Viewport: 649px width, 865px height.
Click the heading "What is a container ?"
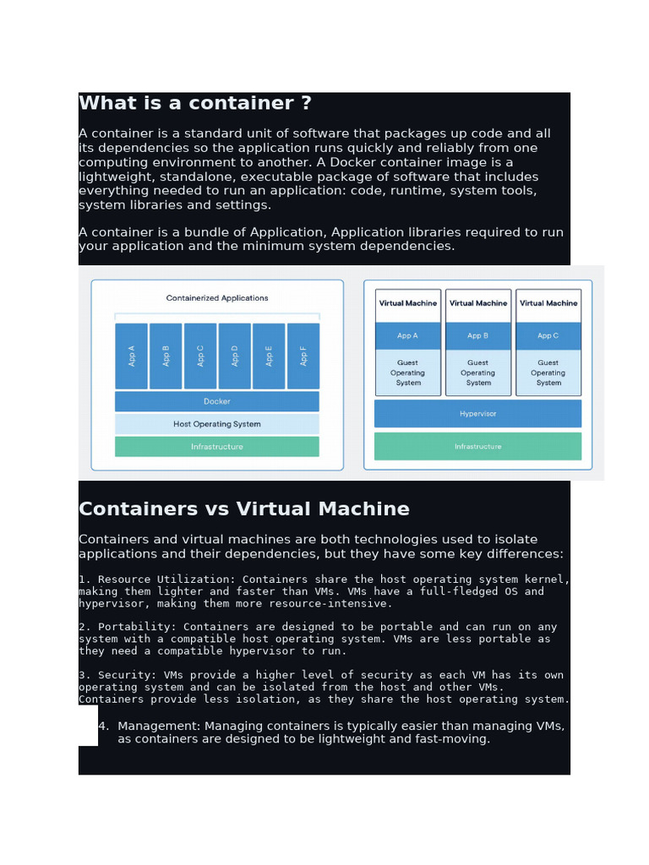pyautogui.click(x=194, y=103)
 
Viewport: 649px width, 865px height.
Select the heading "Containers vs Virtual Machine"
pyautogui.click(x=243, y=509)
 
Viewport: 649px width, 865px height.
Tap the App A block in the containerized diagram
pyautogui.click(x=131, y=356)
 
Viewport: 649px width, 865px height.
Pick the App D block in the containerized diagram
pyautogui.click(x=234, y=356)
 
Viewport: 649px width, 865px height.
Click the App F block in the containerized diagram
pyautogui.click(x=303, y=356)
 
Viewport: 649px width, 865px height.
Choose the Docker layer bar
pyautogui.click(x=216, y=401)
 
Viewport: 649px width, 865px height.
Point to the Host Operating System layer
pyautogui.click(x=216, y=424)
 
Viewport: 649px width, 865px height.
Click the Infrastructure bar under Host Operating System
pyautogui.click(x=216, y=447)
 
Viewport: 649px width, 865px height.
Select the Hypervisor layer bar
pyautogui.click(x=477, y=414)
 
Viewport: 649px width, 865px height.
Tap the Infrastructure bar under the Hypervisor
pyautogui.click(x=477, y=446)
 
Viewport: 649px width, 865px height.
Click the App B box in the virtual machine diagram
pyautogui.click(x=478, y=335)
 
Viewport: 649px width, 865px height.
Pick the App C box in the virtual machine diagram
pyautogui.click(x=548, y=335)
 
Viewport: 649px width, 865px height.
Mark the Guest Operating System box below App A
pyautogui.click(x=408, y=373)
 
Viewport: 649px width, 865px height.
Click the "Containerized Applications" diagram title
pyautogui.click(x=217, y=298)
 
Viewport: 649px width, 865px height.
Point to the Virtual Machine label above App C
pyautogui.click(x=548, y=303)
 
